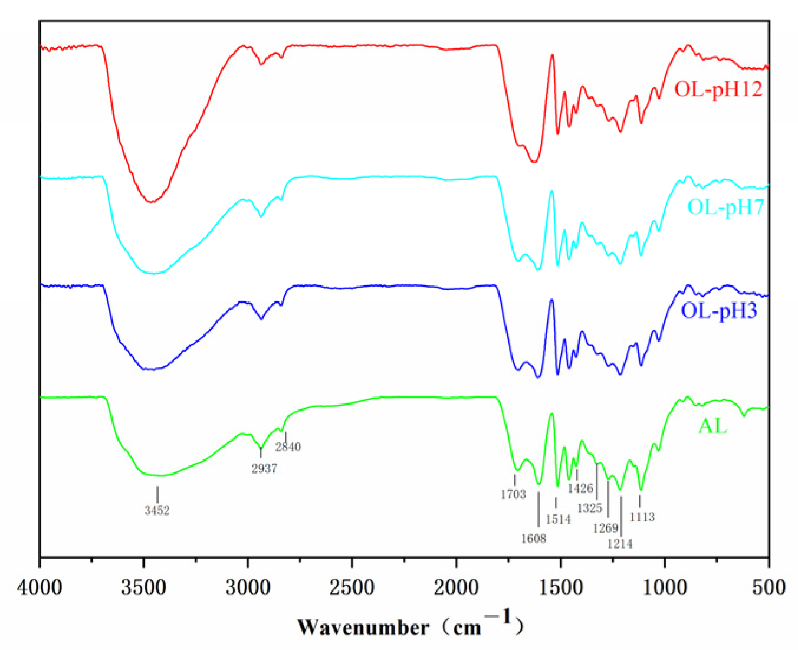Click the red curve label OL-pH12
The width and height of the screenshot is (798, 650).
tap(718, 89)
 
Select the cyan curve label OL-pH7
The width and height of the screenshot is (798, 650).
tap(725, 207)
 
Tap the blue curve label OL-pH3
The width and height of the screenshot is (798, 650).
tap(718, 310)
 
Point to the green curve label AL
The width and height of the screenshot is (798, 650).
tap(712, 425)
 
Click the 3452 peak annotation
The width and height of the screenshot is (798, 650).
tap(157, 510)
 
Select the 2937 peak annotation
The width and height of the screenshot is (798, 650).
tap(264, 469)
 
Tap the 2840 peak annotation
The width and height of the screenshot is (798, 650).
tap(288, 447)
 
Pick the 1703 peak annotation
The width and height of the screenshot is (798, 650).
tap(513, 494)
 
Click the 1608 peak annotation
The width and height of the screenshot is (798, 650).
tap(533, 538)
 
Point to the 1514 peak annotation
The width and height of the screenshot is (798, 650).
tap(558, 519)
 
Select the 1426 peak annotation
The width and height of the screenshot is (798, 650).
tap(580, 488)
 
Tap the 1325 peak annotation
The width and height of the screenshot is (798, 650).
tap(589, 508)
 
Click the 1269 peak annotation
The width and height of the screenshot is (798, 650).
tap(605, 528)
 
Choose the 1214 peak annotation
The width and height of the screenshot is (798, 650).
tap(620, 544)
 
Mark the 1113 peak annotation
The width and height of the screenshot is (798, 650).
tap(642, 517)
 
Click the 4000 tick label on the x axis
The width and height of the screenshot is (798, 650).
tap(40, 587)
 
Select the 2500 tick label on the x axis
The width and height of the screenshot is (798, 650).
tap(352, 587)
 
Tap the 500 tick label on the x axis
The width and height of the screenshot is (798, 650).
tap(769, 587)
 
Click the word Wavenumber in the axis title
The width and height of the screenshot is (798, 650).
tap(363, 626)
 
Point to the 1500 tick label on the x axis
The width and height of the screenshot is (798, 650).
tap(560, 587)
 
